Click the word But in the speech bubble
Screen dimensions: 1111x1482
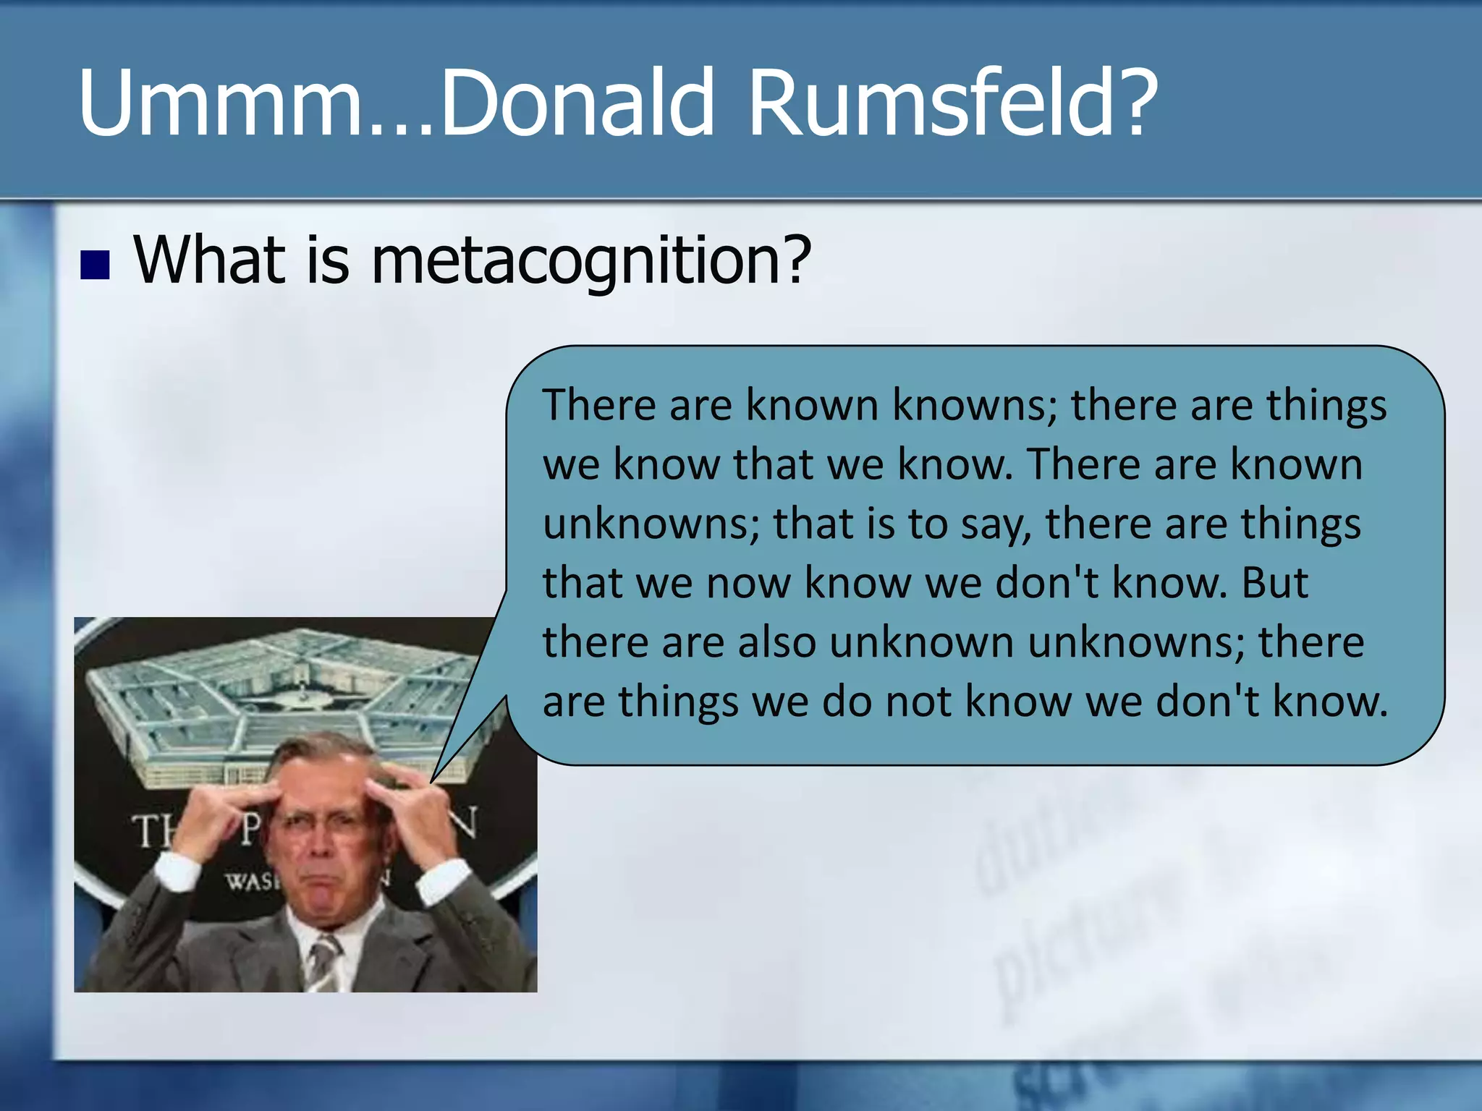(1275, 582)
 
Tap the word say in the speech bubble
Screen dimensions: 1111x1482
(995, 524)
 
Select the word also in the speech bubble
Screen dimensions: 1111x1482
(776, 642)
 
